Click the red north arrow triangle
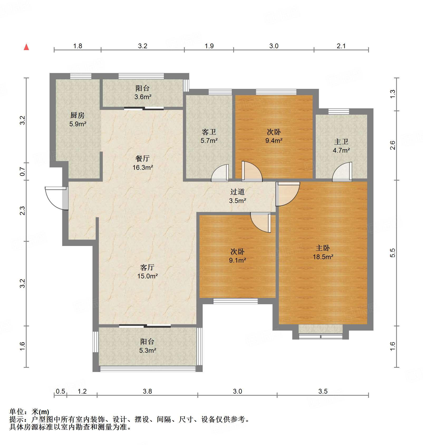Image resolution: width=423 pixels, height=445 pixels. [x=26, y=47]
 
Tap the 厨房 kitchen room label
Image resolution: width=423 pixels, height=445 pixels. [x=77, y=115]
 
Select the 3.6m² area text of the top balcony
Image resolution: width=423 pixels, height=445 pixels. [x=143, y=97]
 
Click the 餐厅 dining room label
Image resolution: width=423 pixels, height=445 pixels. [x=142, y=158]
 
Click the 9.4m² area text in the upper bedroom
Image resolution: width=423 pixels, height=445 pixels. [x=274, y=141]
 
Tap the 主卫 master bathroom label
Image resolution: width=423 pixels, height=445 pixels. [x=341, y=142]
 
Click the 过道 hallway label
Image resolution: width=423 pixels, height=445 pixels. [x=237, y=192]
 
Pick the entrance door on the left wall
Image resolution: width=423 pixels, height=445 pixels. [x=57, y=198]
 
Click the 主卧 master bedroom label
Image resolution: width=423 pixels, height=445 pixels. [x=323, y=248]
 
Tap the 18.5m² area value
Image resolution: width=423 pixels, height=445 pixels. [x=323, y=257]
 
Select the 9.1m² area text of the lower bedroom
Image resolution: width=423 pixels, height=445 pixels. [x=237, y=260]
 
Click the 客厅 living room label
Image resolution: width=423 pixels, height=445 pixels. [x=147, y=267]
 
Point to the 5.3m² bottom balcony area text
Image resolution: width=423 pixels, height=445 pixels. [x=147, y=350]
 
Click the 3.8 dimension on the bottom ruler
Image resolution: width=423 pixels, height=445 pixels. [x=147, y=391]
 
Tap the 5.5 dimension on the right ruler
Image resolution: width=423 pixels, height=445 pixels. [x=392, y=253]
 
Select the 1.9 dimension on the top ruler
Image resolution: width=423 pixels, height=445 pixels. [x=209, y=46]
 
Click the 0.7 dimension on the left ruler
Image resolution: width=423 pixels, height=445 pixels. [x=22, y=172]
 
